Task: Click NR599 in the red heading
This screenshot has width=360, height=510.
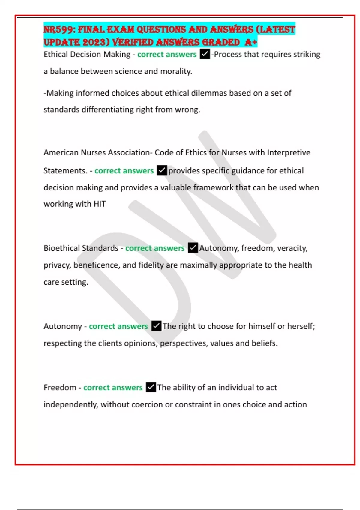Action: click(x=58, y=29)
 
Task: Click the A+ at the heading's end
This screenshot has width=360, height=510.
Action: click(x=251, y=42)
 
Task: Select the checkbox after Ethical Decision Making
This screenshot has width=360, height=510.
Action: click(x=205, y=54)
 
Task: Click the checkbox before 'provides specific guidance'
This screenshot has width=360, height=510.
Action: click(x=162, y=170)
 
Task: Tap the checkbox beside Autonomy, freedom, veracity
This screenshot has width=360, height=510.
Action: click(x=193, y=248)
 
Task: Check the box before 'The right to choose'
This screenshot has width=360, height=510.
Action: click(x=156, y=326)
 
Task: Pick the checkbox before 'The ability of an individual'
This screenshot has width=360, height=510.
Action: click(x=151, y=387)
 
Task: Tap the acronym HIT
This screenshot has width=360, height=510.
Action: click(x=100, y=204)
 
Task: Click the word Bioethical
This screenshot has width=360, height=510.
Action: click(x=61, y=248)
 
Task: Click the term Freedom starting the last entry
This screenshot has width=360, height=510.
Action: click(x=60, y=387)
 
